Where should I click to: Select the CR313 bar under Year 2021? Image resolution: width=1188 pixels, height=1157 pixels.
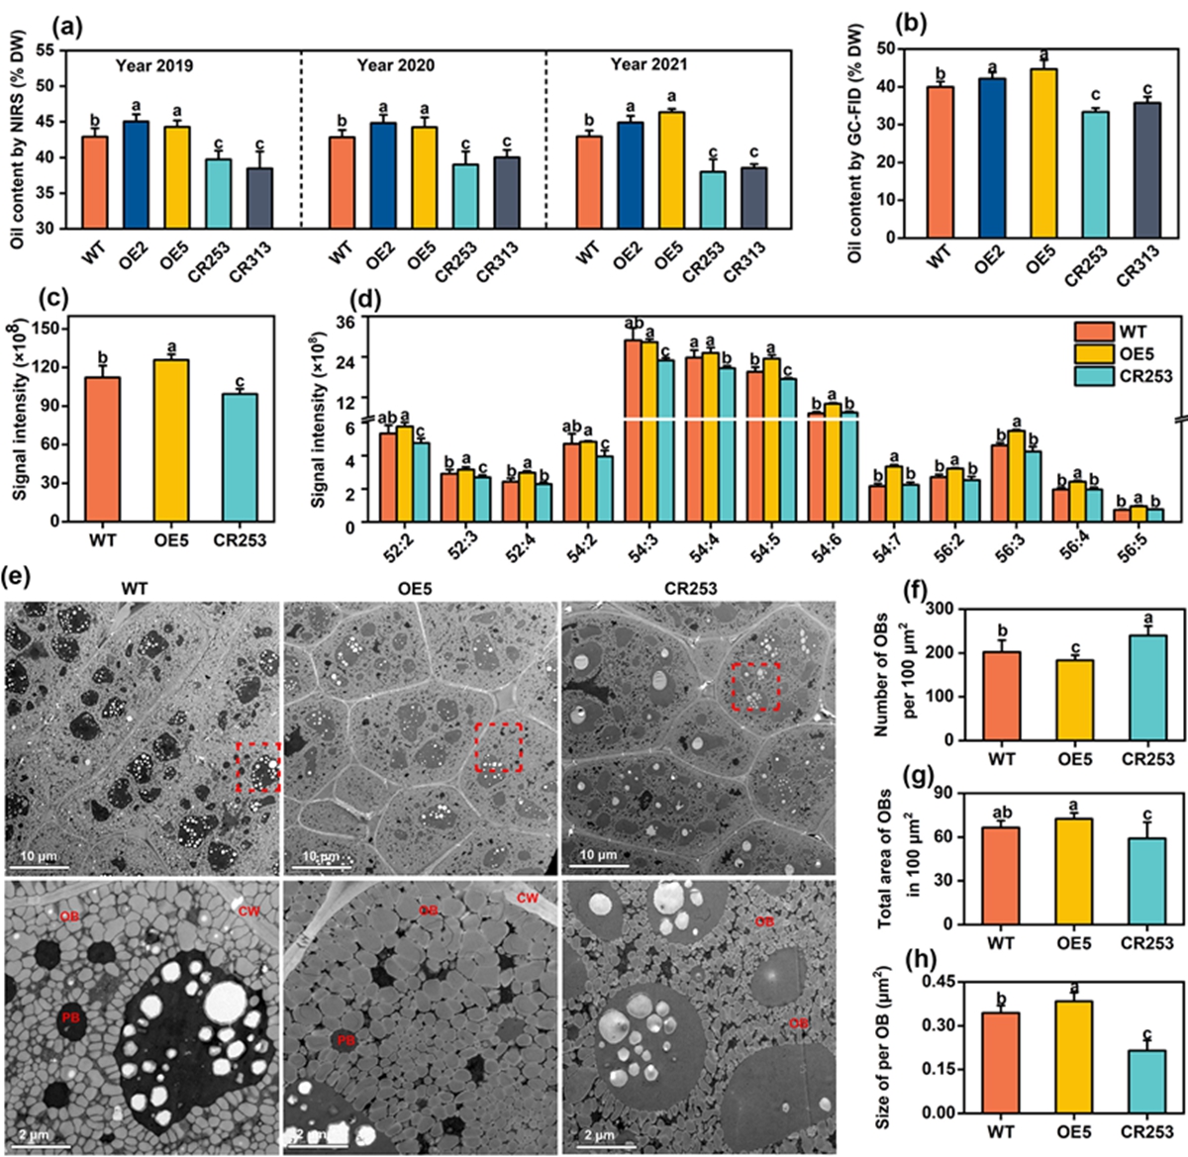coord(754,197)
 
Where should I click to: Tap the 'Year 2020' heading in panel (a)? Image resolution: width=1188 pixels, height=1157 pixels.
coord(396,65)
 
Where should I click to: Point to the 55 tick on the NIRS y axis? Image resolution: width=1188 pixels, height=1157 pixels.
coord(46,48)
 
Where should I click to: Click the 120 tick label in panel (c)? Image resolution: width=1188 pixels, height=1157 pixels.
coord(48,367)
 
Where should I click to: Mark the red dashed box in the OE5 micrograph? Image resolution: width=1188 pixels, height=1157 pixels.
coord(498,747)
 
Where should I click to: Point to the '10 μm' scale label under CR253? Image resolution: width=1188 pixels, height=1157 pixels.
coord(599,854)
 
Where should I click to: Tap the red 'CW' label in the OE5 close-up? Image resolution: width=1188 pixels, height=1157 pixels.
coord(528,899)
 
